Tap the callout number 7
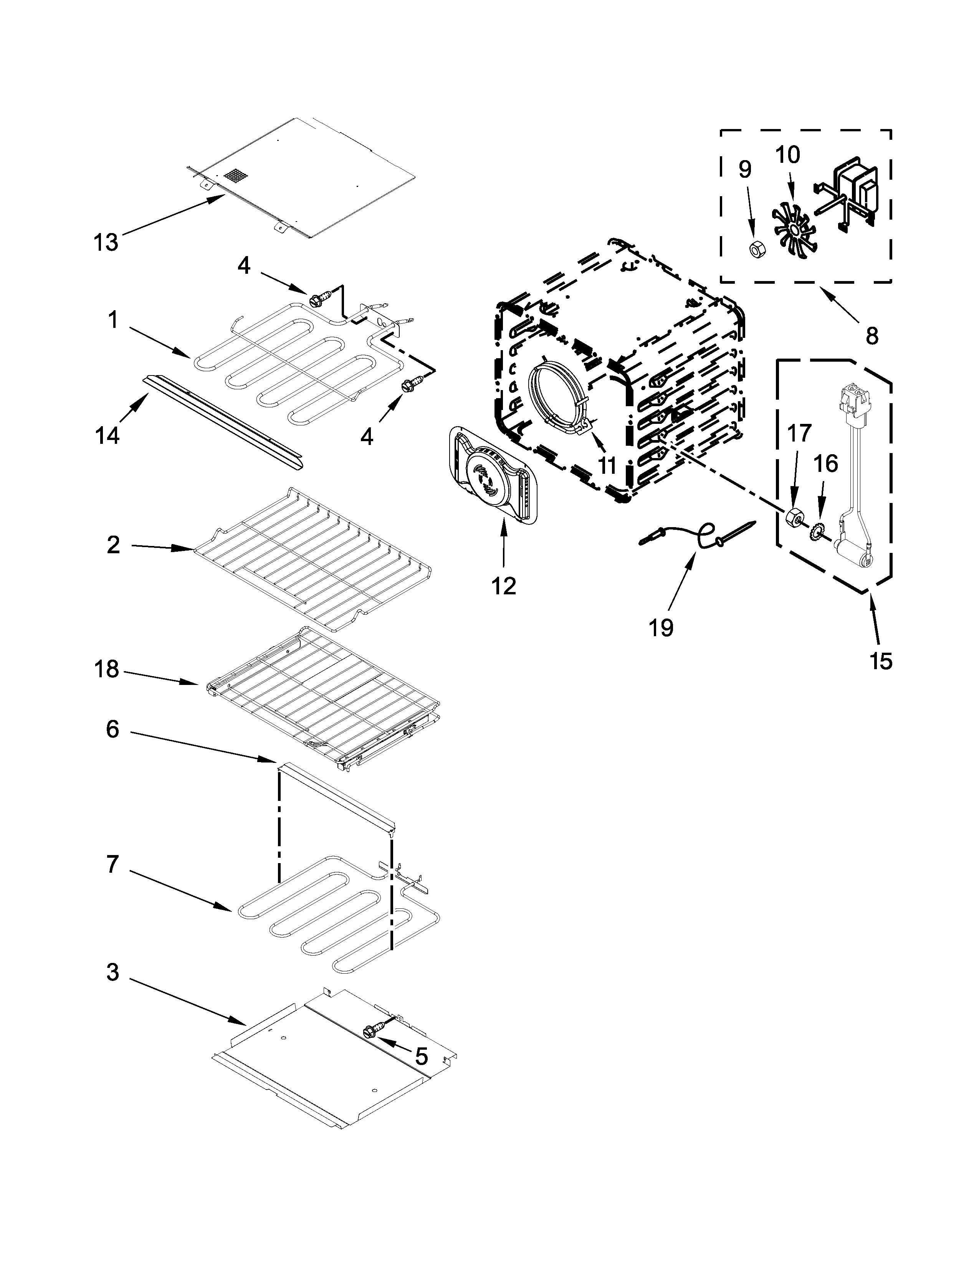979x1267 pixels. pyautogui.click(x=112, y=864)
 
